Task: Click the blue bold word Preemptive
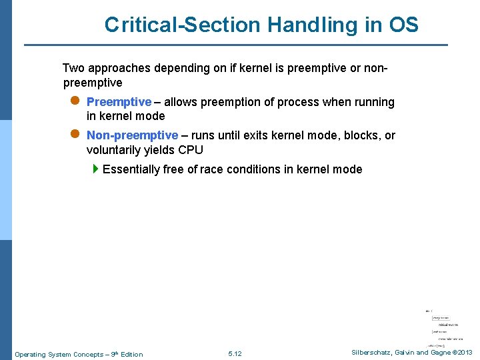pos(119,102)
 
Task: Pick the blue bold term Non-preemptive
pos(132,135)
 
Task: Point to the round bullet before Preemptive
pos(75,101)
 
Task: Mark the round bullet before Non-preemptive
pos(75,135)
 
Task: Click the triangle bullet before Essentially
pos(96,169)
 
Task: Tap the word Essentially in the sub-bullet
pos(131,169)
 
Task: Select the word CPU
pos(190,150)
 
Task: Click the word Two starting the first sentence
pos(73,68)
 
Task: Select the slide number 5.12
pos(235,353)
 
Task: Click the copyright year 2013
pos(465,352)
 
